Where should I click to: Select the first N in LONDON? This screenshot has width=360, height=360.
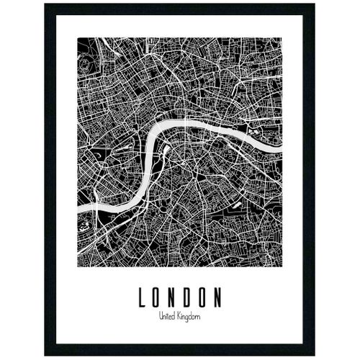tap(174, 297)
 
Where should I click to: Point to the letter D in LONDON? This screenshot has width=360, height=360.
tap(190, 297)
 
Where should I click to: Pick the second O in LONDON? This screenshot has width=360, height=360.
tap(206, 297)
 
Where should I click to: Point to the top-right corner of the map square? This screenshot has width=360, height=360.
tap(282, 38)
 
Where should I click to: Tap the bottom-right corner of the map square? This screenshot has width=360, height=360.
tap(282, 267)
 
